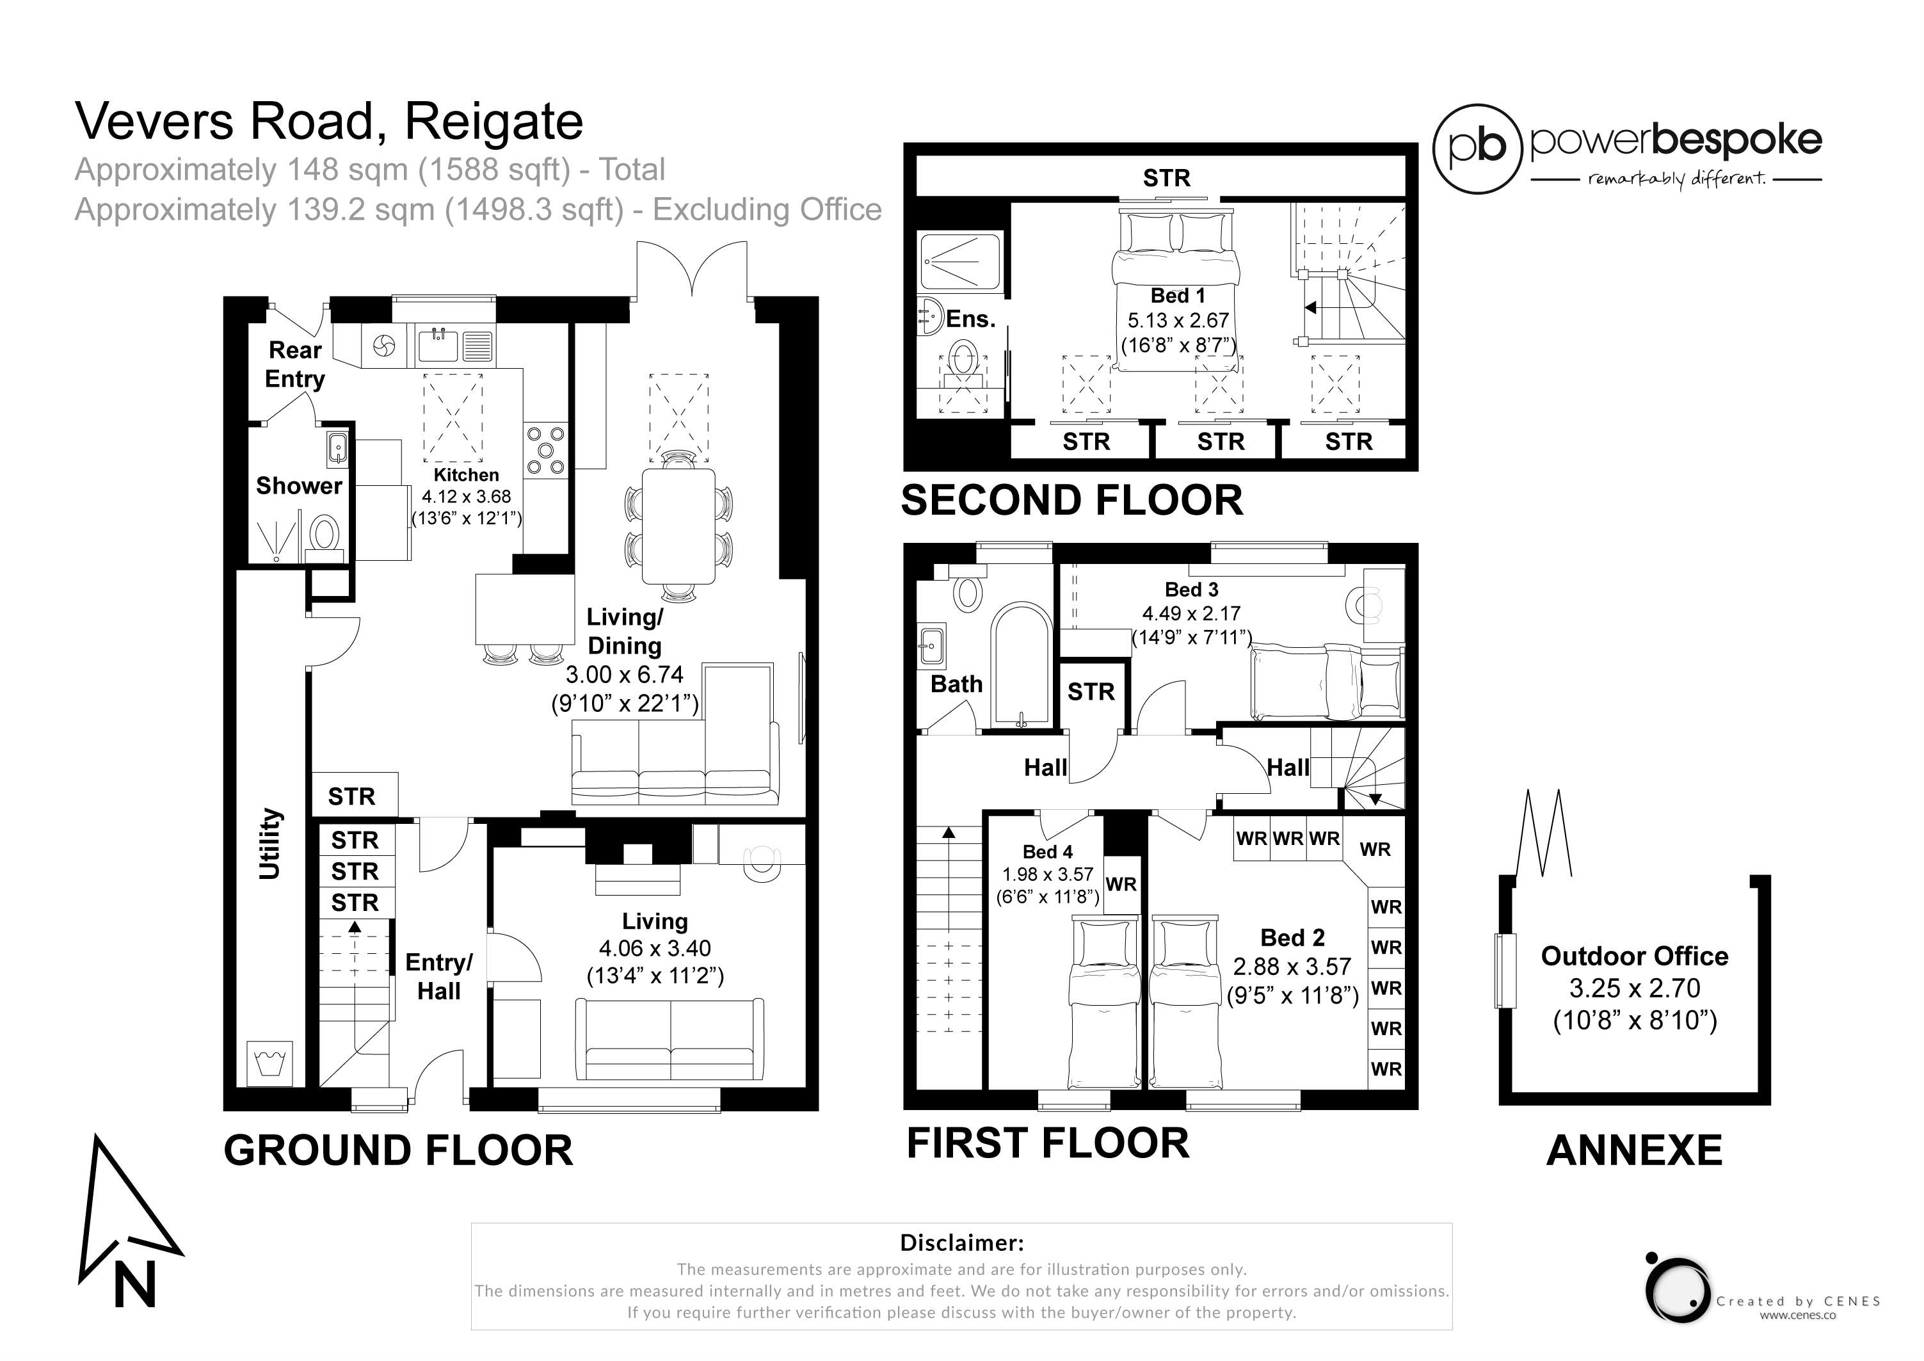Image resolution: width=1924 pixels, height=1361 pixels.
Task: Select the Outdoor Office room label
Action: click(x=1634, y=956)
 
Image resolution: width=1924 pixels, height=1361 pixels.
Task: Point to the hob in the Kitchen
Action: click(x=545, y=449)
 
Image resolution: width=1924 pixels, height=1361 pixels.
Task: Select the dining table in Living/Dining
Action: click(x=678, y=526)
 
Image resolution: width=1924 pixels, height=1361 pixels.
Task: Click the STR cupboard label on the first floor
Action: click(x=1091, y=691)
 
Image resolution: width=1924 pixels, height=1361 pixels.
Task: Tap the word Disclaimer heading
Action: click(x=961, y=1242)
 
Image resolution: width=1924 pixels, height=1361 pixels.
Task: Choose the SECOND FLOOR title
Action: click(x=1072, y=501)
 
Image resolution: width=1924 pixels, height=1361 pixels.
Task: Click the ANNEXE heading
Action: click(x=1634, y=1150)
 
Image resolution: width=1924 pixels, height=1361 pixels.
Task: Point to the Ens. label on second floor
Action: click(x=970, y=319)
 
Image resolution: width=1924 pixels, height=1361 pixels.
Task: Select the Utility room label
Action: click(x=269, y=844)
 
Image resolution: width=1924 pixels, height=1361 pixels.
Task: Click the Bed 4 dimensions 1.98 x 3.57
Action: click(x=1048, y=874)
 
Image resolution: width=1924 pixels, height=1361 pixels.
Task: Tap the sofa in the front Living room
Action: click(x=669, y=1039)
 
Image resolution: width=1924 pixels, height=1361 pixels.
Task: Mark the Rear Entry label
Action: click(x=295, y=364)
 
